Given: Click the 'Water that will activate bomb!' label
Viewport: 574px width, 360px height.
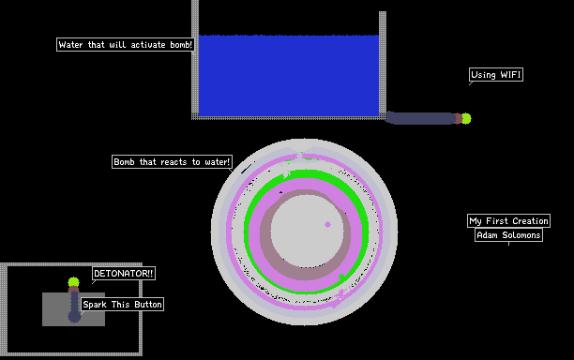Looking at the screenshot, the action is click(x=125, y=45).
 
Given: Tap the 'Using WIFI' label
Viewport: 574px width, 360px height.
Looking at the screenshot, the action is click(x=496, y=75).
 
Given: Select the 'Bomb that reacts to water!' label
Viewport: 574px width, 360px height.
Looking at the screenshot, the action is click(x=172, y=161).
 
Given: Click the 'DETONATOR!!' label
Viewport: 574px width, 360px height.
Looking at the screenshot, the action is click(x=124, y=274).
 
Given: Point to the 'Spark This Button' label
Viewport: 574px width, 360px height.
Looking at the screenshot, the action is click(x=122, y=305).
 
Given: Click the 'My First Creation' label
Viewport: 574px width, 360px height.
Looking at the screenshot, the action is click(x=509, y=221).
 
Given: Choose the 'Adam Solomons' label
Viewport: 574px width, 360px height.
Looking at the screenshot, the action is click(x=509, y=235).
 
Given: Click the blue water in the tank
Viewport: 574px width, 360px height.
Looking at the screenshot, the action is click(x=289, y=76).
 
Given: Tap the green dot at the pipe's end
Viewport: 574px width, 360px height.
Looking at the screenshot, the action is click(x=466, y=118).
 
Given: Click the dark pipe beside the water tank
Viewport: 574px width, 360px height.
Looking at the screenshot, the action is click(x=421, y=118).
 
